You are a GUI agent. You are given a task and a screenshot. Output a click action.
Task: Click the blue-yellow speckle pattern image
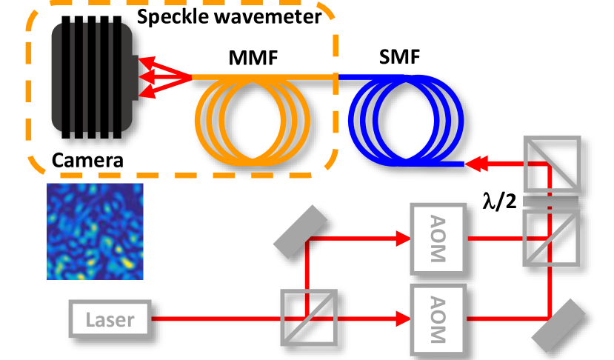[x=95, y=230]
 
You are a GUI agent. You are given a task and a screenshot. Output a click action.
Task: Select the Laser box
[x=110, y=320]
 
